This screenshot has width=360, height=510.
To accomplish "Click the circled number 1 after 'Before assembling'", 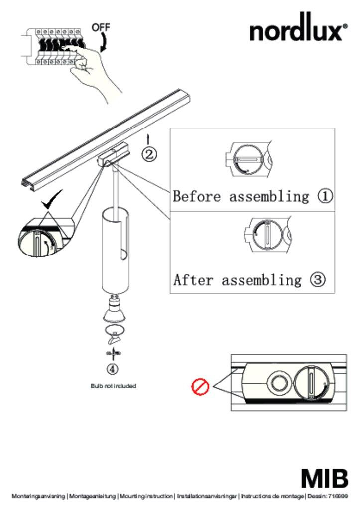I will (x=325, y=196).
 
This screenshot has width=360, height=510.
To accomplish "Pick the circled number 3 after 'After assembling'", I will (x=318, y=280).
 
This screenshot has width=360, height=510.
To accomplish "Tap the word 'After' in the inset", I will (x=193, y=280).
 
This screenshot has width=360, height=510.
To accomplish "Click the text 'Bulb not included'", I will (x=113, y=386).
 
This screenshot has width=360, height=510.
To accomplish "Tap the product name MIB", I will (x=324, y=479).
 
